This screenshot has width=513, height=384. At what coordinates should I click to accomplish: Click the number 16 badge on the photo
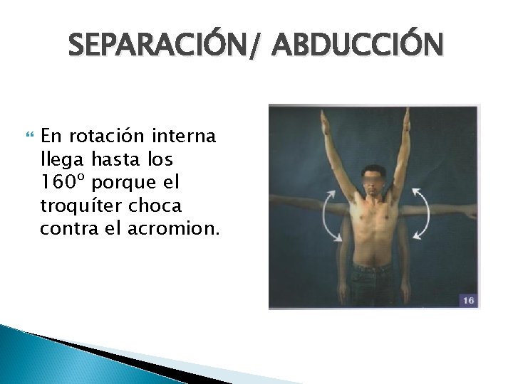pyautogui.click(x=467, y=301)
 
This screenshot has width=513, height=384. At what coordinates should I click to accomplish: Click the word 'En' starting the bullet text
pyautogui.click(x=51, y=135)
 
